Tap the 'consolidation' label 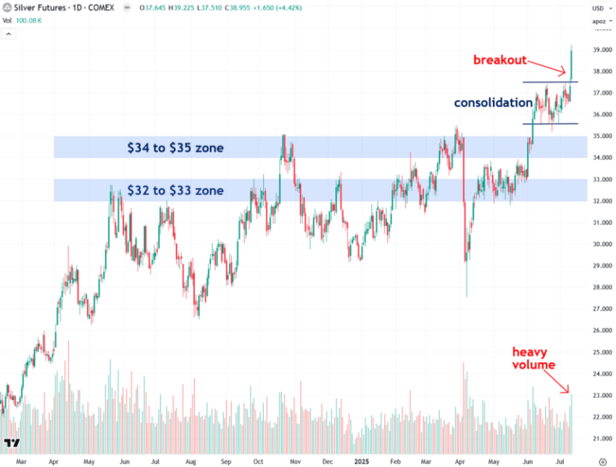tap(493, 102)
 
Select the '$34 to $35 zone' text tap(175, 148)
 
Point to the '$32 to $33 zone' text tap(175, 190)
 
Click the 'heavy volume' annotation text tap(533, 358)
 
